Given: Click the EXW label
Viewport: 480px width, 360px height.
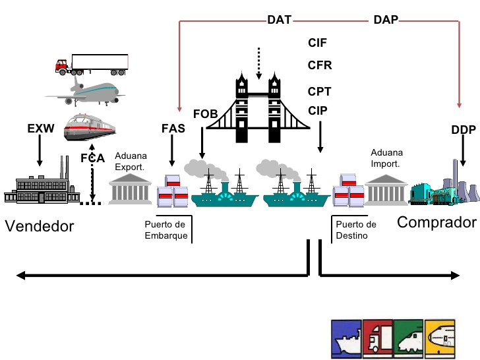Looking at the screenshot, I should click(40, 129).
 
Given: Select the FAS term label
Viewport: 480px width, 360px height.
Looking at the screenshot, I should click(173, 129).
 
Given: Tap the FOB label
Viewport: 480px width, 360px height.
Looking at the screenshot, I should click(205, 115).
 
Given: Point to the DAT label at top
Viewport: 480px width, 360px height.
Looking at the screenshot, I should click(280, 20).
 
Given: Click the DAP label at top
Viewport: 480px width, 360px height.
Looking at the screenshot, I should click(386, 20).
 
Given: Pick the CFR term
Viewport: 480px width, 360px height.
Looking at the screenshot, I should click(319, 65).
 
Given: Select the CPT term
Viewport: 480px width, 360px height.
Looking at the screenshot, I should click(319, 92).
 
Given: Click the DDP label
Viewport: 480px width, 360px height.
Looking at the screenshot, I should click(464, 130).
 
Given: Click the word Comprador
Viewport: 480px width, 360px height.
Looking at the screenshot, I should click(436, 222).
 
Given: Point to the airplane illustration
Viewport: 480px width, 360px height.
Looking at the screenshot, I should click(86, 91).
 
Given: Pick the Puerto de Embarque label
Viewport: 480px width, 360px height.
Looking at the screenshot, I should click(166, 229).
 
